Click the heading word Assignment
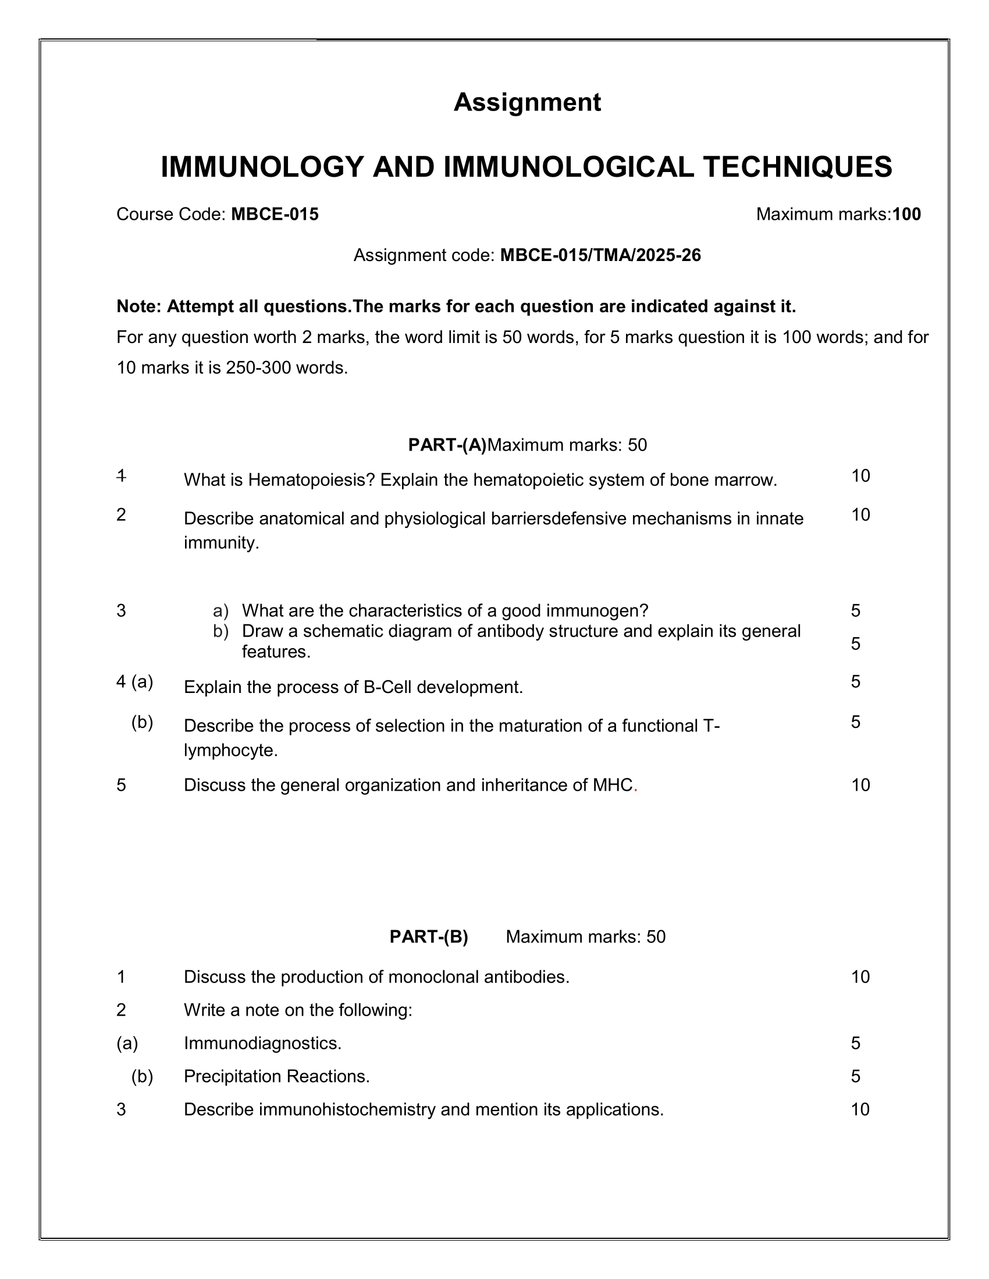click(x=526, y=102)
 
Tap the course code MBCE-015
click(x=275, y=215)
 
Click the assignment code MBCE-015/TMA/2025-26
click(x=600, y=255)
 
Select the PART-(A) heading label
click(x=447, y=445)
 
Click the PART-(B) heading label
click(x=429, y=937)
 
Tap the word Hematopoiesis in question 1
click(x=311, y=480)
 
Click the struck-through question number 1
click(x=121, y=476)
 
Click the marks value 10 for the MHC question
click(x=860, y=785)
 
